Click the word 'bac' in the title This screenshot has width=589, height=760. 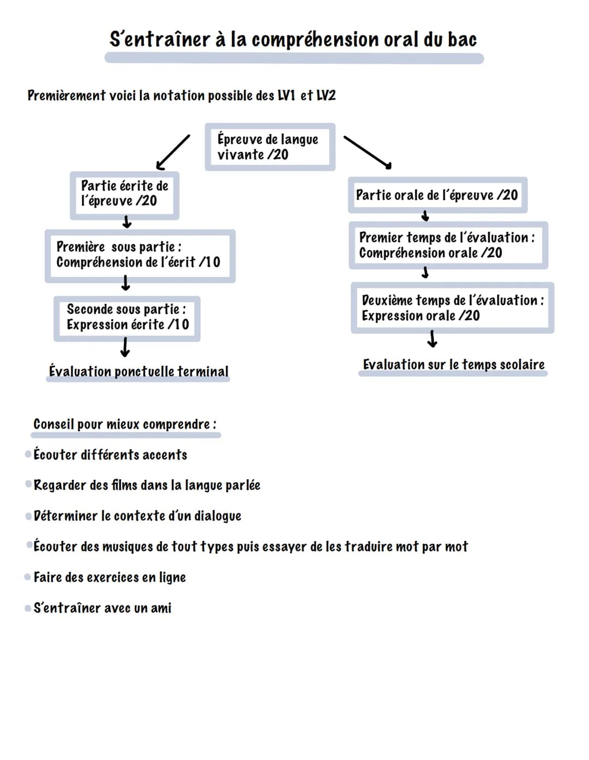tap(462, 40)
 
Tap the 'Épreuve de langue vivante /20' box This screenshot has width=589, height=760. tap(270, 147)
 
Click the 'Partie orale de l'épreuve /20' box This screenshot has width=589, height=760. tap(437, 195)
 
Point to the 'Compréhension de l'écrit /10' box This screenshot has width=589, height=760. tap(140, 256)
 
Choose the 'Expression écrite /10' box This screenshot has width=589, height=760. tap(127, 318)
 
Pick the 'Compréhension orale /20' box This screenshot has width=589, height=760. tap(448, 245)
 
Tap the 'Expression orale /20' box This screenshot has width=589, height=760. tap(452, 308)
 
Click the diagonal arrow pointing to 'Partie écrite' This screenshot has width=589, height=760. tap(172, 152)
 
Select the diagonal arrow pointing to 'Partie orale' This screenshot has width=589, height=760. tap(368, 152)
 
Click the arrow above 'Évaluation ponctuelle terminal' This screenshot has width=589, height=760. tap(125, 347)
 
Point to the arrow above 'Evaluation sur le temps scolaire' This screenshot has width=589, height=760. tap(432, 339)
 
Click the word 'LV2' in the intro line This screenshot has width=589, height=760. tap(326, 96)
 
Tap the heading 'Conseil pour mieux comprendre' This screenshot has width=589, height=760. tap(125, 424)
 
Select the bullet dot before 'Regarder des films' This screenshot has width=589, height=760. tap(28, 484)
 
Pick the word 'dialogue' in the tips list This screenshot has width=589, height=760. tap(218, 516)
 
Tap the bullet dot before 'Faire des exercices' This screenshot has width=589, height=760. tap(28, 577)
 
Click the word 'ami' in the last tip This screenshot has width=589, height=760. tap(161, 608)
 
